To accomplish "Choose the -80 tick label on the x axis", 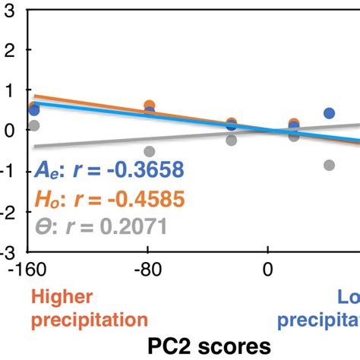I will pos(149,270).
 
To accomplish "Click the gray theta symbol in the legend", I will pos(43,226).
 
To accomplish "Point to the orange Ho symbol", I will pos(48,199).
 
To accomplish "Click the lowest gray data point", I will pos(329,165).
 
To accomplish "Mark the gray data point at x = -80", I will pos(150,152).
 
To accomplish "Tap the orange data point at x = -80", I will pos(150,106).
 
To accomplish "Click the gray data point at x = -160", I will pos(33,125).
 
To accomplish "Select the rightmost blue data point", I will pos(329,113).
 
